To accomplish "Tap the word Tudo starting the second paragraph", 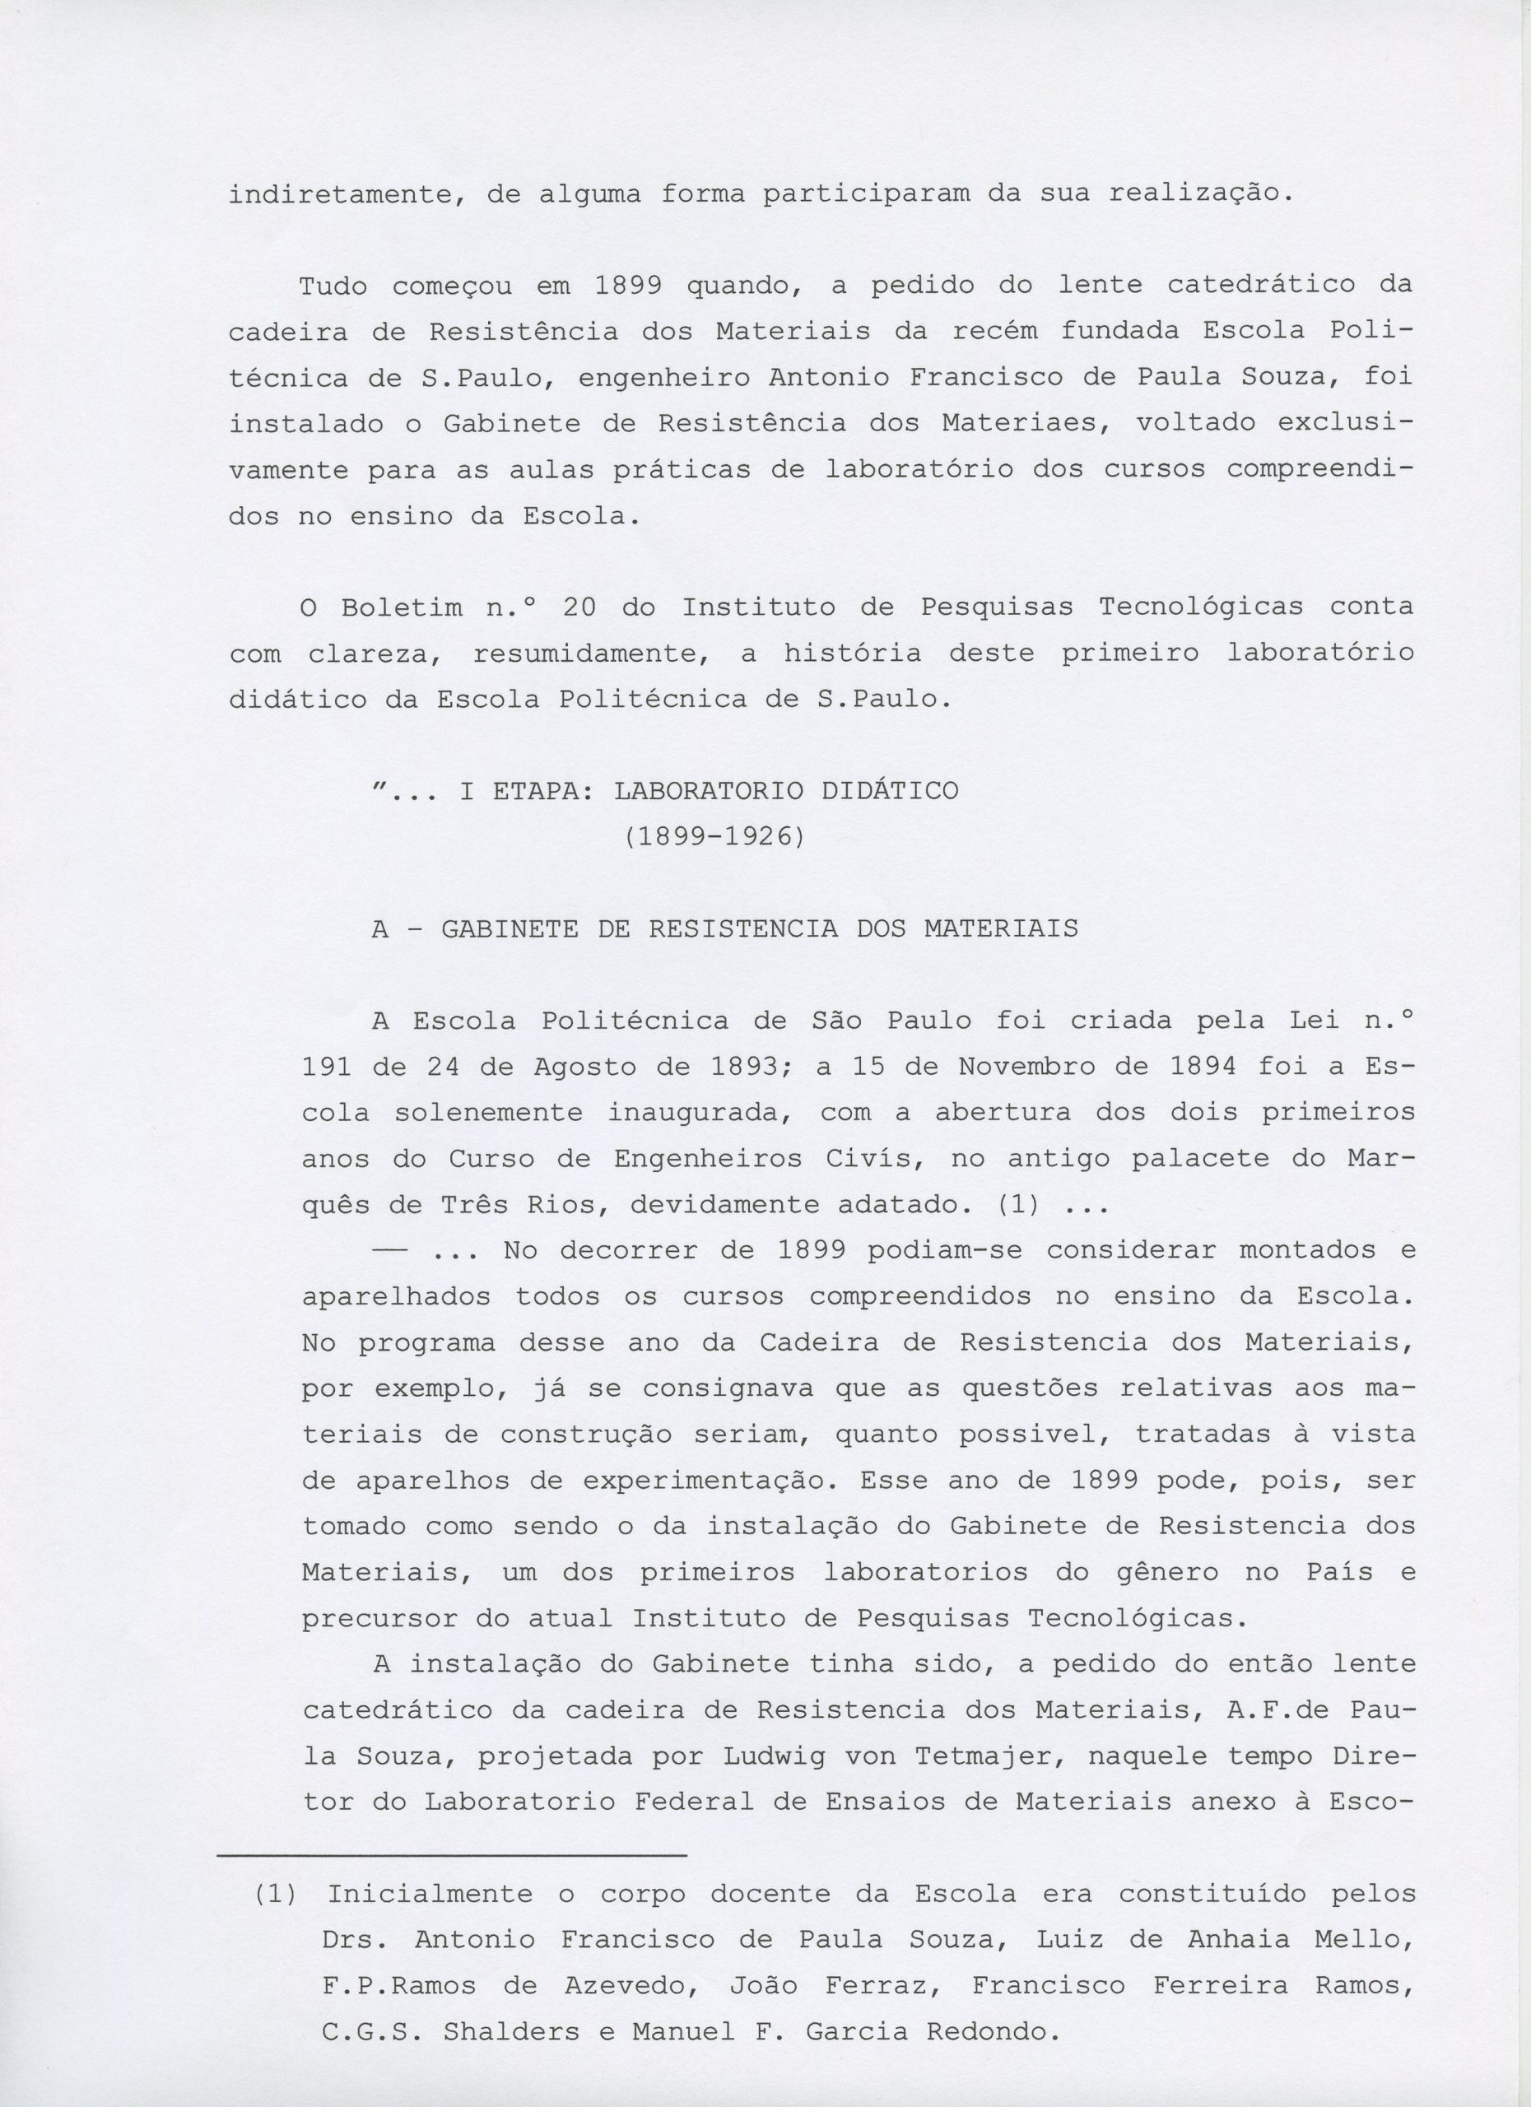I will [x=332, y=286].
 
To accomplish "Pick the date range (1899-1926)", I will [x=713, y=837].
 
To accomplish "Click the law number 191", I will [x=326, y=1067].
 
